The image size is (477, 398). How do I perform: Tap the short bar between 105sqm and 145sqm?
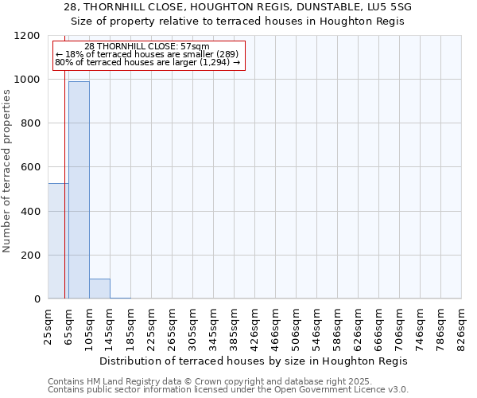click(99, 289)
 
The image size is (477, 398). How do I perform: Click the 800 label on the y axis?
click(29, 123)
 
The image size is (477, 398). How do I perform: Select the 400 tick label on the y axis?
click(29, 212)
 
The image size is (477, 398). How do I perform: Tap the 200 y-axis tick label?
click(29, 256)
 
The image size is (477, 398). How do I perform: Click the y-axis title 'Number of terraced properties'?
click(7, 171)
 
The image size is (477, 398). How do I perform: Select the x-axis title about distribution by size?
click(254, 361)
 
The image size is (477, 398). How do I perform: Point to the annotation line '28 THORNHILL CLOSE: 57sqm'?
click(147, 47)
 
